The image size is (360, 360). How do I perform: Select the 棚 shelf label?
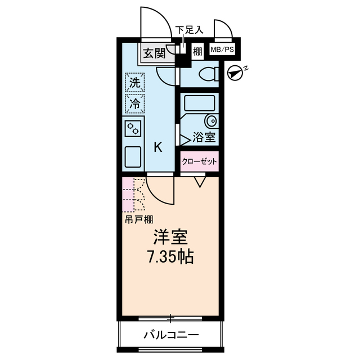point(197,51)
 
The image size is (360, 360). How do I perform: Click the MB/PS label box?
point(222,51)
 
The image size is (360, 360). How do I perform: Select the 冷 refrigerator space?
point(135,103)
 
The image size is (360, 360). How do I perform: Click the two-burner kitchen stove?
point(133,129)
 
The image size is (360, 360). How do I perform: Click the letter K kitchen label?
point(158,147)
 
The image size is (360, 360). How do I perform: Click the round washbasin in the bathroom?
point(211,121)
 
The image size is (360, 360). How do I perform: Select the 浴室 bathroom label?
point(202,137)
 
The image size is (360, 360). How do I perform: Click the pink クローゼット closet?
point(199,161)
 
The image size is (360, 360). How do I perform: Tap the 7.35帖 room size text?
point(171,258)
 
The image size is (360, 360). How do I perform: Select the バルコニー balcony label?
point(170,335)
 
